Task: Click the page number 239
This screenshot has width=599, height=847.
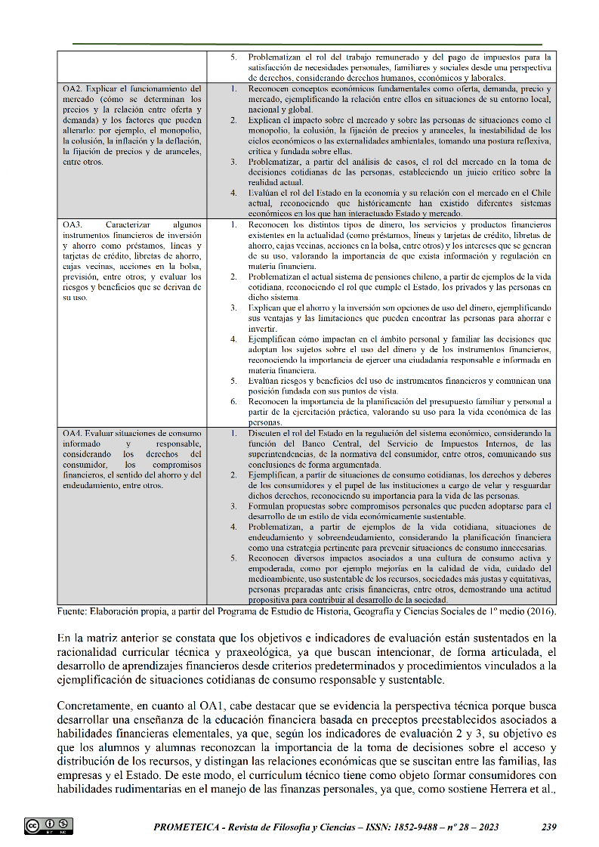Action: (549, 827)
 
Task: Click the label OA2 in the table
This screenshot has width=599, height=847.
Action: (73, 88)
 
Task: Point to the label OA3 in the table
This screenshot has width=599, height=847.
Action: (73, 225)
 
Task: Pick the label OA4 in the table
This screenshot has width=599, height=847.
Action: (73, 433)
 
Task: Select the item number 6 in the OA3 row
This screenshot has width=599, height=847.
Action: (233, 402)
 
